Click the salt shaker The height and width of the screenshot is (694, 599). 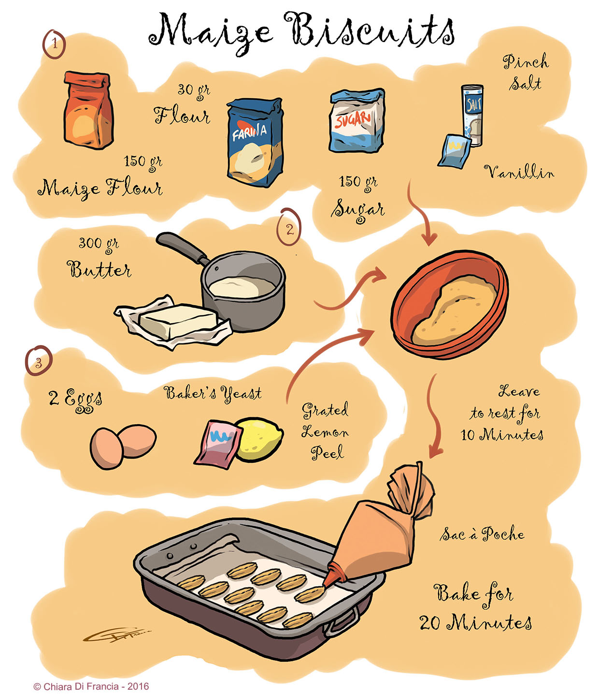tap(472, 115)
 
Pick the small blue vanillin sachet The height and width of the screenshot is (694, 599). tap(454, 150)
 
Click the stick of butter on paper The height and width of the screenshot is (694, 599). tap(177, 321)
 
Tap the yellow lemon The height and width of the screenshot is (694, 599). tap(260, 439)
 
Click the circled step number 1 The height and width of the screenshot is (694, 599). tap(55, 44)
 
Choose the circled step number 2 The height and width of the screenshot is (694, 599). tap(289, 228)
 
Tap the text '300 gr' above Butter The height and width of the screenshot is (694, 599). tap(99, 243)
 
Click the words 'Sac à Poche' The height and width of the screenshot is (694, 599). tap(482, 534)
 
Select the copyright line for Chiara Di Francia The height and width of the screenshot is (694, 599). tap(91, 686)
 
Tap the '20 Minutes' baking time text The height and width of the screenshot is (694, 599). tap(475, 622)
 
